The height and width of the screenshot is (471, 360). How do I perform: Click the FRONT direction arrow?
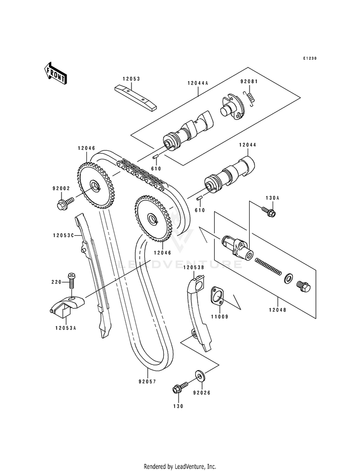pyautogui.click(x=55, y=73)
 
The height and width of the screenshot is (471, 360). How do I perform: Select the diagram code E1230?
pyautogui.click(x=310, y=58)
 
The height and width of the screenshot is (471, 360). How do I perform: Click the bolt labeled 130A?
pyautogui.click(x=268, y=211)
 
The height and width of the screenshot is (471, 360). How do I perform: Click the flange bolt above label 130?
pyautogui.click(x=180, y=386)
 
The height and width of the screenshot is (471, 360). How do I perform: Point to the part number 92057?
pyautogui.click(x=147, y=382)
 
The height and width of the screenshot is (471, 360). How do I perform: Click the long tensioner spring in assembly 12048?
pyautogui.click(x=268, y=266)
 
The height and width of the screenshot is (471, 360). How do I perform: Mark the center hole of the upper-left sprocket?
pyautogui.click(x=96, y=185)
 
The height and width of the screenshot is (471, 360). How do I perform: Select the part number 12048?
pyautogui.click(x=277, y=310)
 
